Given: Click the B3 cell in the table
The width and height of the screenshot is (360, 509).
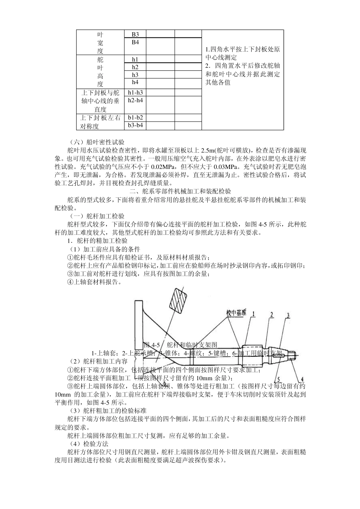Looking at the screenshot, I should (x=135, y=34).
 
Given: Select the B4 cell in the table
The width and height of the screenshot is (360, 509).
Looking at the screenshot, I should (x=135, y=42).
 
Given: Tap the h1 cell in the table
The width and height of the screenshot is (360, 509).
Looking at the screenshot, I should (x=135, y=59).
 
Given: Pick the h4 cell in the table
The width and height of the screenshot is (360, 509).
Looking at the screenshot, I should (x=135, y=82).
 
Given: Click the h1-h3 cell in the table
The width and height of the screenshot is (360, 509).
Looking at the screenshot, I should (x=135, y=92).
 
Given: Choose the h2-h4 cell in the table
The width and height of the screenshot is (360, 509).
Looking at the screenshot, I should (x=135, y=100).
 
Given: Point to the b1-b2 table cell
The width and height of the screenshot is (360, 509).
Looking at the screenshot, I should (x=135, y=117).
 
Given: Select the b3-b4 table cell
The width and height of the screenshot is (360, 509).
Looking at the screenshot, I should (x=135, y=125).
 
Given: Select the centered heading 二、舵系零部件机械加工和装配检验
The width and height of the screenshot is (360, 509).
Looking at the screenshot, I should (x=180, y=191).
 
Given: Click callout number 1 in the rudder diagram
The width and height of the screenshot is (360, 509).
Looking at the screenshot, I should (x=254, y=314).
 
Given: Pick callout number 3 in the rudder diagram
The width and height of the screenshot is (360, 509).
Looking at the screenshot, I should (x=288, y=315).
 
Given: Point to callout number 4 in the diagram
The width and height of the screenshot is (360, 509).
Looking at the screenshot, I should (x=302, y=379).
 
